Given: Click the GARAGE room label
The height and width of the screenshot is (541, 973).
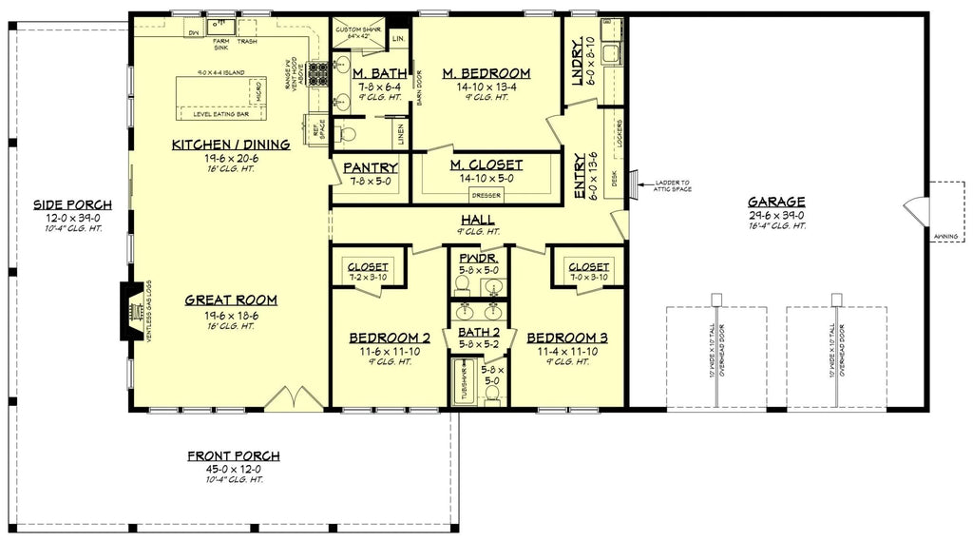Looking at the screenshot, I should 776,202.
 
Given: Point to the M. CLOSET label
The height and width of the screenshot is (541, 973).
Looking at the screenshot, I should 486,166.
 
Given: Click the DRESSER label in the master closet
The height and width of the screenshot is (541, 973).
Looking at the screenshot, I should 486,196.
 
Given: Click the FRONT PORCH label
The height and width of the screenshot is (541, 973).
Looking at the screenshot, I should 233,456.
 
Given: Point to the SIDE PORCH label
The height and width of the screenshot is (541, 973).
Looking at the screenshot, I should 72,204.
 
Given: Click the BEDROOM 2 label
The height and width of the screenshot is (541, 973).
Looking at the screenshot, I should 390,338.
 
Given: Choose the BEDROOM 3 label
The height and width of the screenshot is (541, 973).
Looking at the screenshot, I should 567,338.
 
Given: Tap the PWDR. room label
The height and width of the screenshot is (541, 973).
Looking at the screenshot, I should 479,258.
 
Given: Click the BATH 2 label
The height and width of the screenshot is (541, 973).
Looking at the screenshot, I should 479,332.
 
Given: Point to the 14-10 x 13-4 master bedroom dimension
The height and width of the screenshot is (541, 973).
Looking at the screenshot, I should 486,86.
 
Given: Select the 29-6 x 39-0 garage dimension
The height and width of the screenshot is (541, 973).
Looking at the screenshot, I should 776,215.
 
